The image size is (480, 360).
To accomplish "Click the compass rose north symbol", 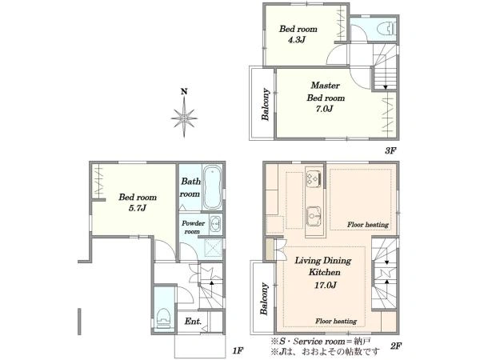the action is tap(184, 114).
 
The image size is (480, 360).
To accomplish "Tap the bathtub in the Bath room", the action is tap(212, 187).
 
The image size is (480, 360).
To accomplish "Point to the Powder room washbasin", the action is tap(215, 224).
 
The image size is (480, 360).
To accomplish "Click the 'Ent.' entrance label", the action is tap(193, 322).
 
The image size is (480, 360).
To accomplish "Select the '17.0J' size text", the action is tap(326, 286).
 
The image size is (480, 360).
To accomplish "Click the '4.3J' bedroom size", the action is tap(296, 40).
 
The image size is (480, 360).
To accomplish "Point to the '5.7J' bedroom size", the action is tap(137, 208).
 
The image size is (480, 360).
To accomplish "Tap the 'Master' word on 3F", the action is tap(325, 85).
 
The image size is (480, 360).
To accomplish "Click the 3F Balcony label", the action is tap(265, 104).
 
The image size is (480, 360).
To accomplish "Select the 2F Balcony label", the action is tap(264, 298).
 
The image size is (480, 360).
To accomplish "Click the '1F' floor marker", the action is tap(238, 350).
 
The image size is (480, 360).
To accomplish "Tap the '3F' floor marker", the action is tap(390, 150).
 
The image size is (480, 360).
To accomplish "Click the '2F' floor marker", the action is tap(395, 346).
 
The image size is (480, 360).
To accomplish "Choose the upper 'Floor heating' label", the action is tap(368, 225).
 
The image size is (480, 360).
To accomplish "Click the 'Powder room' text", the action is tap(193, 227).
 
